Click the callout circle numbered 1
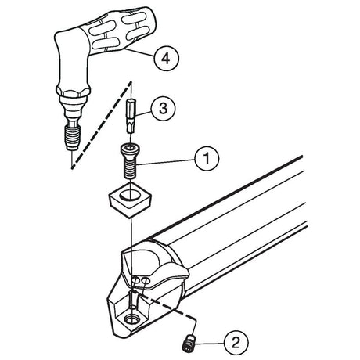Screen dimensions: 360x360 (x=207, y=158)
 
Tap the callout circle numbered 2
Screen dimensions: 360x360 (x=236, y=342)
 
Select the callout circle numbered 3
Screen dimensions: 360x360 (x=163, y=108)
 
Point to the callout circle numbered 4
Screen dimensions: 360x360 (x=166, y=58)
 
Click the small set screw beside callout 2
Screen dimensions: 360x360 (x=189, y=342)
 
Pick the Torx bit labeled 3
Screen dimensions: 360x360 (x=131, y=116)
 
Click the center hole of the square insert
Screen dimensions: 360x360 (x=129, y=195)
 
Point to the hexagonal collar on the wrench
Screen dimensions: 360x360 (x=73, y=93)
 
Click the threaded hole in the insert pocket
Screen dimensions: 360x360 (x=131, y=319)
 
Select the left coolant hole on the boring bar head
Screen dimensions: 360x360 (x=135, y=280)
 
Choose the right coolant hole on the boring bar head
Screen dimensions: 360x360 (x=146, y=281)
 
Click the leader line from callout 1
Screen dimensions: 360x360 (x=165, y=162)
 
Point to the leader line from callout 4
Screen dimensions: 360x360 (x=139, y=52)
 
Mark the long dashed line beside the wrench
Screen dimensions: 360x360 (x=101, y=126)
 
